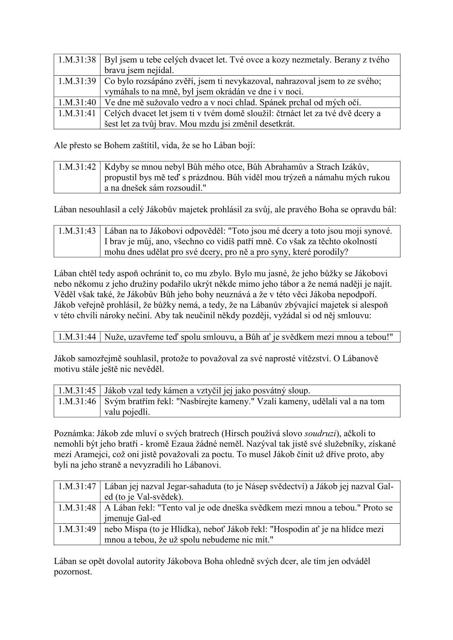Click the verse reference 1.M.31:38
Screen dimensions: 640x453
tap(77, 60)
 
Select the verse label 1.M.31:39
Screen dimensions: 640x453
tap(77, 81)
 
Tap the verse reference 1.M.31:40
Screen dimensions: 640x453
tap(77, 102)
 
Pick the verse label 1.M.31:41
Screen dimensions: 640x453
tap(77, 113)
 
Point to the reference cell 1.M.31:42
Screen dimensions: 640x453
tap(77, 167)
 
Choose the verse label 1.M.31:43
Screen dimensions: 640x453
tap(77, 230)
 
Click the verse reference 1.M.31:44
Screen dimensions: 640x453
tap(77, 337)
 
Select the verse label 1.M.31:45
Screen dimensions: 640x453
tap(77, 391)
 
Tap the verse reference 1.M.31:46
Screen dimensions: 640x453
tap(77, 401)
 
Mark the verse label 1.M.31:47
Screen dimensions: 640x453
tap(77, 486)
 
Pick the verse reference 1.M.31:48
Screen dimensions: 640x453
tap(77, 507)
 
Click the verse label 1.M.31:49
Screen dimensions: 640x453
tap(77, 529)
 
